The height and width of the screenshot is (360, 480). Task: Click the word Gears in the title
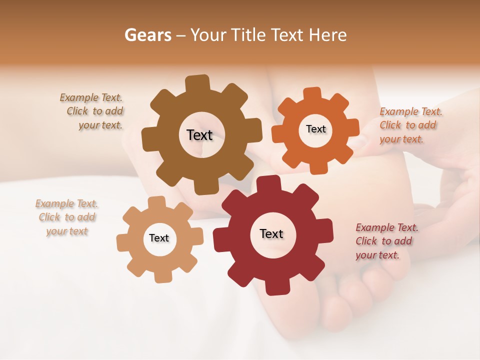tap(147, 35)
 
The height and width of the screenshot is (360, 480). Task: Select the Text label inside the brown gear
tap(199, 135)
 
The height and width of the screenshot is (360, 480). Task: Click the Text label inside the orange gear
tap(315, 129)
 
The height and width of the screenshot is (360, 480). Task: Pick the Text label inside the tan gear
tap(159, 238)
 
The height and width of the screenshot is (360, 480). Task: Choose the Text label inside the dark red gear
tap(271, 233)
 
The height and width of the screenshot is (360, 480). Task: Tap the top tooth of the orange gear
tap(312, 94)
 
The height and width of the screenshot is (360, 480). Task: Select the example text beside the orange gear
tap(410, 125)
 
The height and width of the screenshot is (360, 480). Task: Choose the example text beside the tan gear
tap(67, 217)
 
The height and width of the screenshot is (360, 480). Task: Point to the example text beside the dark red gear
tap(386, 241)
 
